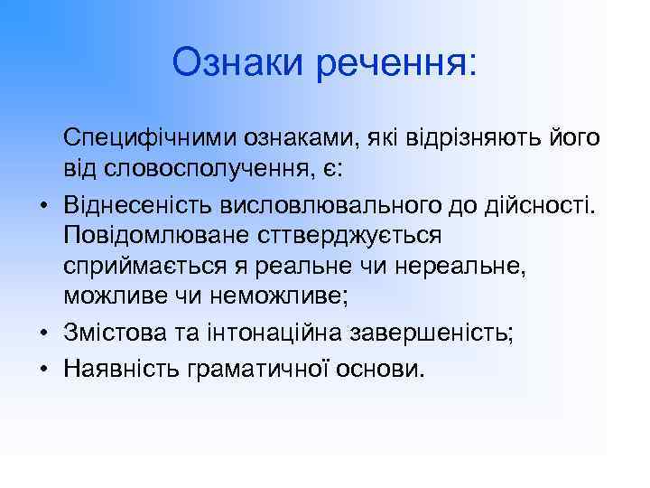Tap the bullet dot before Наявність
(x=42, y=366)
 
